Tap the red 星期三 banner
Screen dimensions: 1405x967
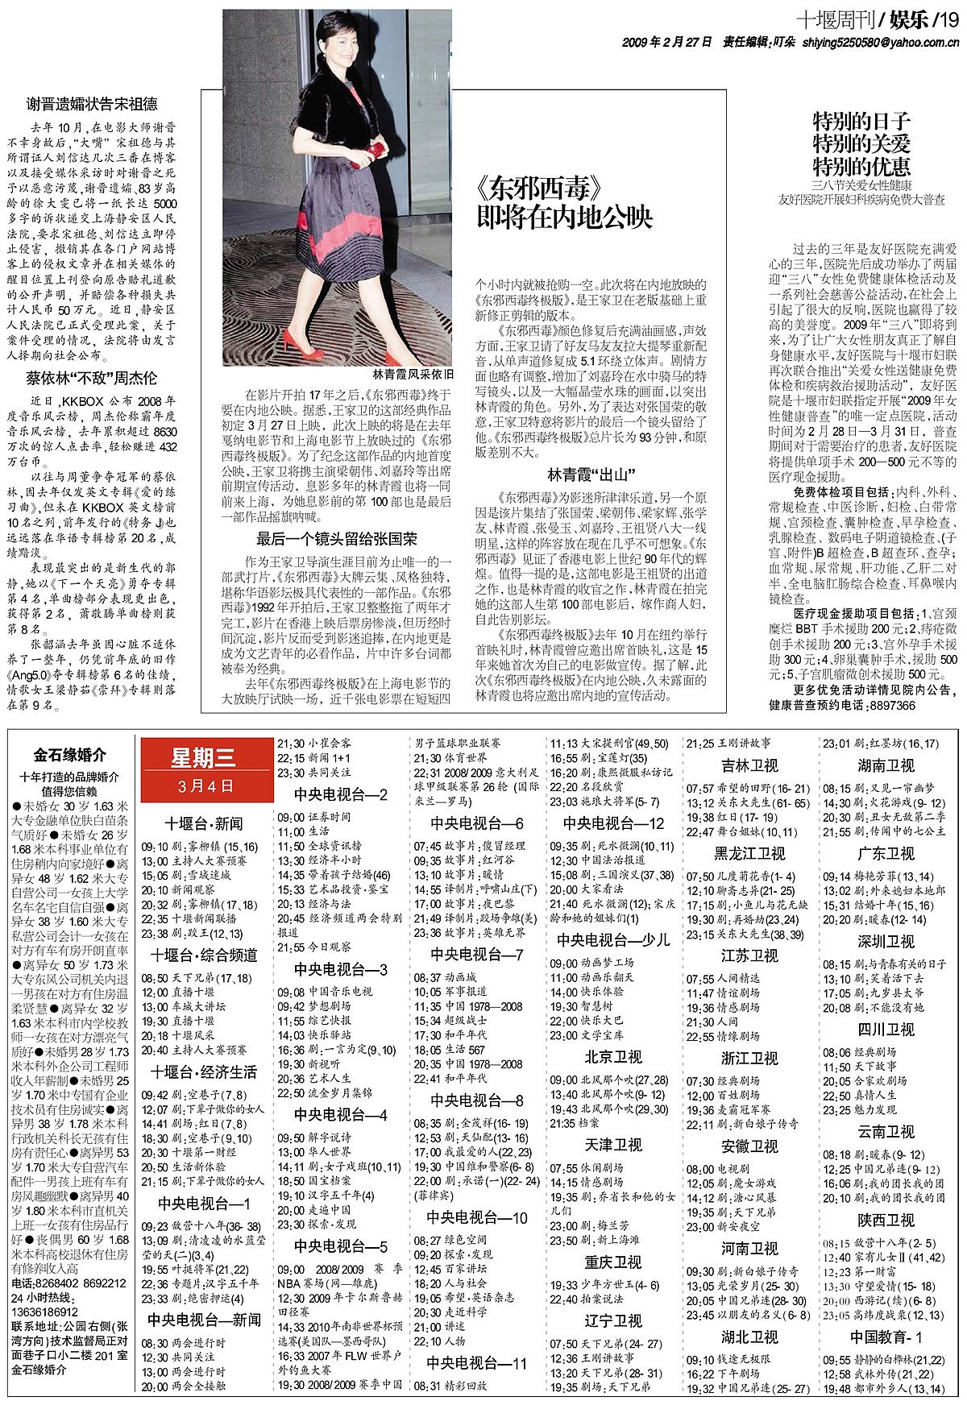202,756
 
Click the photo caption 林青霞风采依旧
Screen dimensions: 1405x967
413,375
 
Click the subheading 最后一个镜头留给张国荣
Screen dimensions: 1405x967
336,540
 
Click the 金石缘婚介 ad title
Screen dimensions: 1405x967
69,756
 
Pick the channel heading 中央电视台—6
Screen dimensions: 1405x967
477,823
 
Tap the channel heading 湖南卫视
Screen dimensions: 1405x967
886,765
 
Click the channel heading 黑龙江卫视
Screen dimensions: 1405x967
749,853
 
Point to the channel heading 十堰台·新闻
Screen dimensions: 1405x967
204,823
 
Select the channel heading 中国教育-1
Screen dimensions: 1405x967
886,1315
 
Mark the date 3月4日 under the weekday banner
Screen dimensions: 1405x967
202,785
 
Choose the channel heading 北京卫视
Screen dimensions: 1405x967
613,1057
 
